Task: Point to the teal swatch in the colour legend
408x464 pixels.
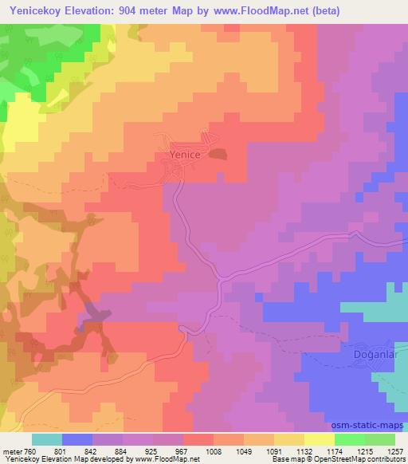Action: [46, 439]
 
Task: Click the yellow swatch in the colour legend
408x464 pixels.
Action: [320, 439]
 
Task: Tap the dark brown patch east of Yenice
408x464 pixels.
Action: [218, 153]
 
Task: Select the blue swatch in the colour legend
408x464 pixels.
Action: [77, 439]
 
